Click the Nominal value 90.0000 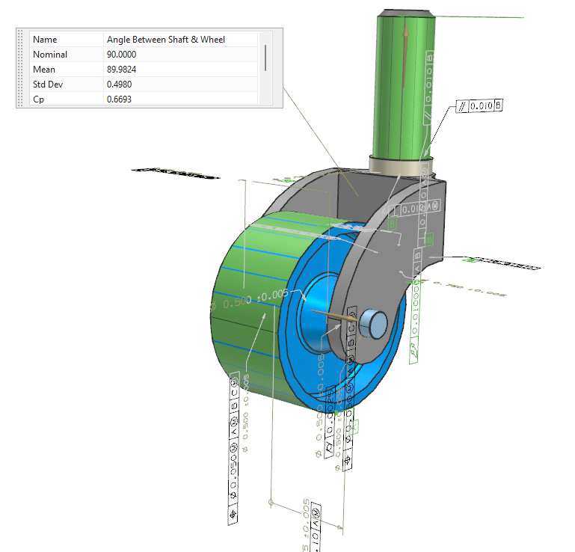coord(122,55)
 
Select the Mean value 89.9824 coord(122,70)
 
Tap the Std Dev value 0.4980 coord(120,85)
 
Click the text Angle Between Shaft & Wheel coord(166,40)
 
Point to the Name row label coord(45,40)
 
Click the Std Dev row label coord(47,85)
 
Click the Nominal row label coord(50,55)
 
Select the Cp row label coord(39,99)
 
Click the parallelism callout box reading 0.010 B coord(479,105)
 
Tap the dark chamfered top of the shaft coord(406,14)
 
